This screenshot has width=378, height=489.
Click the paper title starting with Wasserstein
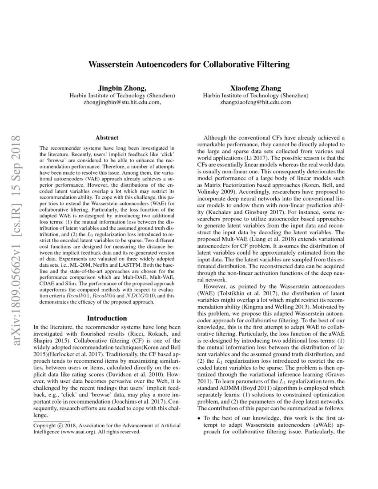(x=189, y=64)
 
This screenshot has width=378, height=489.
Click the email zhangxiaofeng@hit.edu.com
(x=255, y=102)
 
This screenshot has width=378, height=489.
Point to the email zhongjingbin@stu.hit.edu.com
(x=121, y=102)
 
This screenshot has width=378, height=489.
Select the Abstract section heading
(x=107, y=138)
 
